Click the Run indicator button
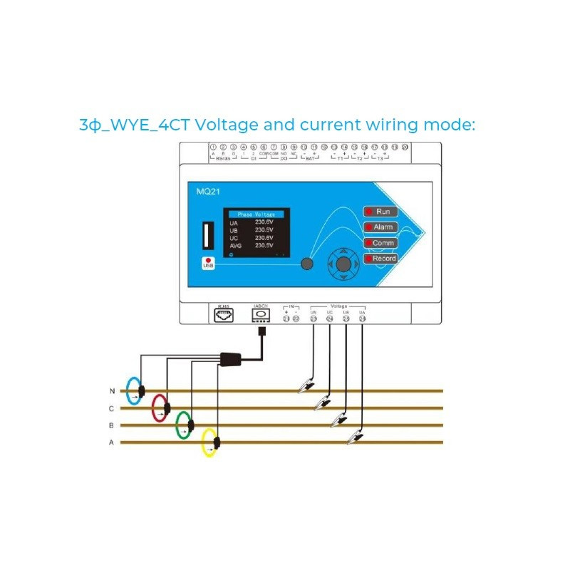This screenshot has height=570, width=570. pos(381,212)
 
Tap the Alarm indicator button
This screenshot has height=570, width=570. pos(381,227)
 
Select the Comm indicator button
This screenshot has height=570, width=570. pos(381,243)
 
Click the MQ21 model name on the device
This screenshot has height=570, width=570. pos(207,192)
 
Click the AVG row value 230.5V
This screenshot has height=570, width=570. pos(265,246)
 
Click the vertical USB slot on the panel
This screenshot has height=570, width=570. pos(208,235)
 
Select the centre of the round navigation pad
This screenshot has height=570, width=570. pos(343,264)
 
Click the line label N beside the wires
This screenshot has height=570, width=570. pos(112,391)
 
